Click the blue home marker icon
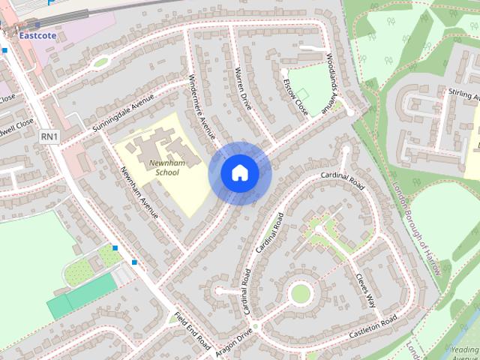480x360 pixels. click(x=239, y=173)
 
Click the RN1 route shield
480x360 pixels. click(x=49, y=136)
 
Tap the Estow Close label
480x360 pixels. click(x=295, y=94)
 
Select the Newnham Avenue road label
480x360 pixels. click(x=140, y=194)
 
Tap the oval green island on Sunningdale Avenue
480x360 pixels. click(x=100, y=63)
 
